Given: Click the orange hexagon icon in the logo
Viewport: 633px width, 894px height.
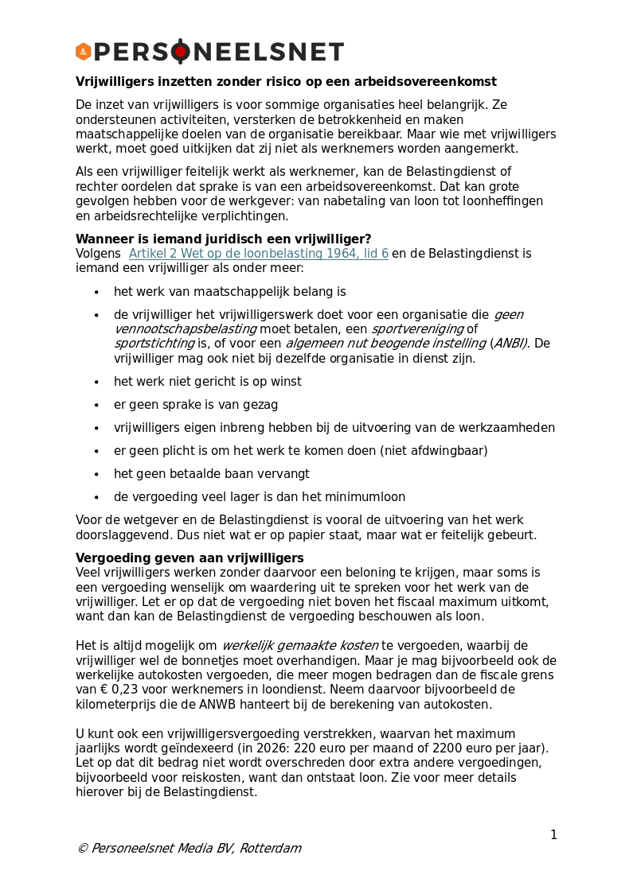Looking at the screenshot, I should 83,52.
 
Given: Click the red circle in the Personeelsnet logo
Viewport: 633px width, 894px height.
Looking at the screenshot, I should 181,52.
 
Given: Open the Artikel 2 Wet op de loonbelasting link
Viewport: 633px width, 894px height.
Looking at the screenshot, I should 259,254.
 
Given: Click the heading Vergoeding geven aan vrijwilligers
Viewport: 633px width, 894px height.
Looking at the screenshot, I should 190,558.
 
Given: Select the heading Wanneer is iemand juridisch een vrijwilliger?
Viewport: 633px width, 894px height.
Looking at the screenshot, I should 223,239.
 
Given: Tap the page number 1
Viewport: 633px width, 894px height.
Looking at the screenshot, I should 553,834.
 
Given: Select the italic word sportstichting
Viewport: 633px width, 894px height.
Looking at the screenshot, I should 154,344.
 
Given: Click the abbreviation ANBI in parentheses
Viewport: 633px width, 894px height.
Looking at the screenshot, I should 510,344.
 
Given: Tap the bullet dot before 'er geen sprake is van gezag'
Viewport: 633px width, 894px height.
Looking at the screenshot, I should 96,406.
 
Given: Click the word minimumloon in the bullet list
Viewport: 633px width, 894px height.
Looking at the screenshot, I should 365,497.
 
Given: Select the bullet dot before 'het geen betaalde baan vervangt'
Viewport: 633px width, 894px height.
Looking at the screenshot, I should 96,475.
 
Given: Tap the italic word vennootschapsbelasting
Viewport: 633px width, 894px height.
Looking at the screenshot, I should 186,328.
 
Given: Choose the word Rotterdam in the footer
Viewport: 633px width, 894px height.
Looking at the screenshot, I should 271,848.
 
